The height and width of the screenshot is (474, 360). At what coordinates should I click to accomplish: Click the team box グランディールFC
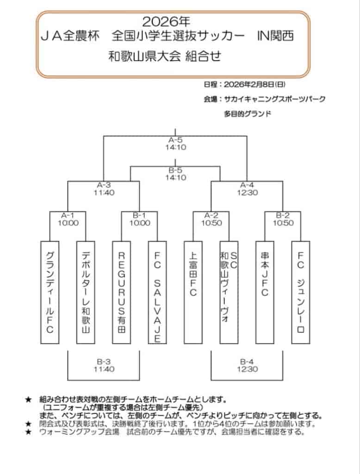49,292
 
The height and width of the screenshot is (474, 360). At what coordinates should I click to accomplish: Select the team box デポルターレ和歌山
85,292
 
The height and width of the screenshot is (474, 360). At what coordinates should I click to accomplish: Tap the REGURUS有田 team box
121,292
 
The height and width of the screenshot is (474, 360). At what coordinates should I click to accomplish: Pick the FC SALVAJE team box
157,292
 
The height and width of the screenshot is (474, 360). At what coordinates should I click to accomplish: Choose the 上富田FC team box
193,292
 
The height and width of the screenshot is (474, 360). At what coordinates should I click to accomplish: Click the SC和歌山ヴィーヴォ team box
229,292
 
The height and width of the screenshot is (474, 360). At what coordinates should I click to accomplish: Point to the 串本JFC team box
265,292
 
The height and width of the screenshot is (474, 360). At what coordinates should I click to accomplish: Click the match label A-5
175,140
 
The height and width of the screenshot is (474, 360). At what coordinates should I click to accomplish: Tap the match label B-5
175,170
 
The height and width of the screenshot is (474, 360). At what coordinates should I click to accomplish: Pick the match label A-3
104,185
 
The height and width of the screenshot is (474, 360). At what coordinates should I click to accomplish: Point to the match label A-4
247,185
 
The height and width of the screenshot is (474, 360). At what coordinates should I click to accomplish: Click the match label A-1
68,215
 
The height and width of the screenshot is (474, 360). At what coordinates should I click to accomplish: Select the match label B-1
139,215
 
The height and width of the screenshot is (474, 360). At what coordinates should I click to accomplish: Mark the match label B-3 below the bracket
104,362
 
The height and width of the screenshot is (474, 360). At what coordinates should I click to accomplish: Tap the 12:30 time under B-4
247,369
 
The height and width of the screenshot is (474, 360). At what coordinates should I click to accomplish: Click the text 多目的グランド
248,113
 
